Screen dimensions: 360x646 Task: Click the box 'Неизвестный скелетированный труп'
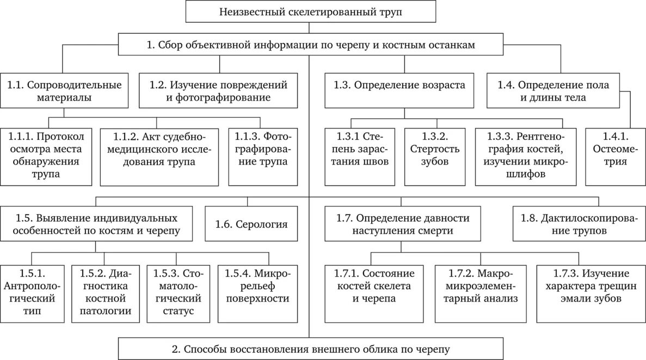311,11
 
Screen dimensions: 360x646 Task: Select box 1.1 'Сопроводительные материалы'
64,91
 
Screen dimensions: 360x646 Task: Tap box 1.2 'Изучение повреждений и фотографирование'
218,91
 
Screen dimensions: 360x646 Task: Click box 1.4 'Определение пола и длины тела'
561,91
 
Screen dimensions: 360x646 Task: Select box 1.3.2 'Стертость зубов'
434,155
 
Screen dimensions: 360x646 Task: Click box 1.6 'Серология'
251,224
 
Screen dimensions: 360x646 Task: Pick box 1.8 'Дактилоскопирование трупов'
578,224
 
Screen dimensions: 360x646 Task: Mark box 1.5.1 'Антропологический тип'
30,292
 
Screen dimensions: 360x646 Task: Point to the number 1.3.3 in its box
496,136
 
